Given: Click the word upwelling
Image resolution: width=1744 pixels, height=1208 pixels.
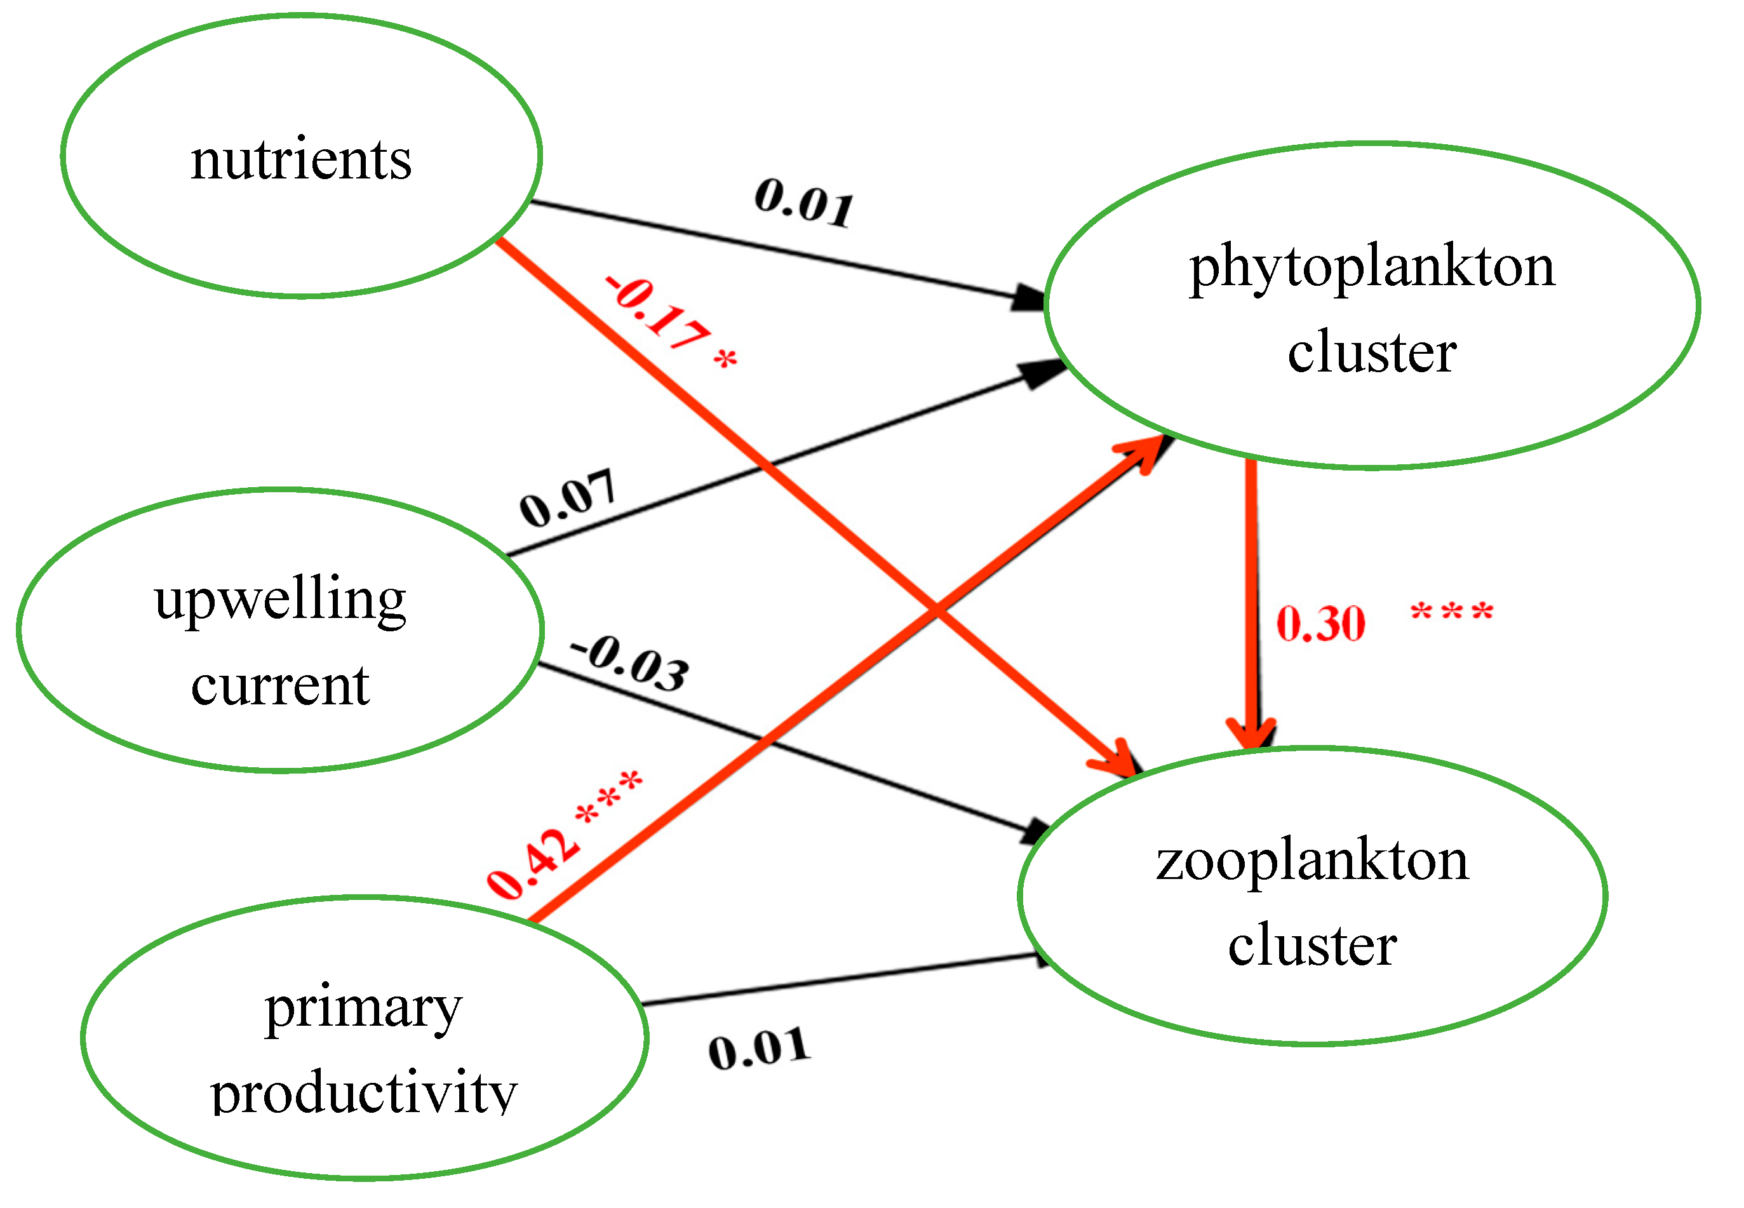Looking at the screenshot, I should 280,600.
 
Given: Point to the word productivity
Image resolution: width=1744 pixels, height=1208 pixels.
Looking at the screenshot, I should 363,1094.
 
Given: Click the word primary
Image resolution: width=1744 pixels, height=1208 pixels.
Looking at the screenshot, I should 363,1009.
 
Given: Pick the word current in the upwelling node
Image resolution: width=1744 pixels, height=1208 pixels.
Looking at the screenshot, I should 280,686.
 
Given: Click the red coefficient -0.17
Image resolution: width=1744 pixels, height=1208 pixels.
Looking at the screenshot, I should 657,312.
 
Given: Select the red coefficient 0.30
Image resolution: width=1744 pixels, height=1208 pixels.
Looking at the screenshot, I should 1321,624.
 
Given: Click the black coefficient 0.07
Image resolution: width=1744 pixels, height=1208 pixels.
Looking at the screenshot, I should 568,498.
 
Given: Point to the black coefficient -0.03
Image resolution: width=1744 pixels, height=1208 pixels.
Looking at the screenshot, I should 631,664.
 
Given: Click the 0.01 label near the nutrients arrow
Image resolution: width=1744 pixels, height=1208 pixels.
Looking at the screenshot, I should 804,201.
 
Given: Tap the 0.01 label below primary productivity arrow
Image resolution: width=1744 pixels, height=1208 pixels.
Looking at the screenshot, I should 759,1049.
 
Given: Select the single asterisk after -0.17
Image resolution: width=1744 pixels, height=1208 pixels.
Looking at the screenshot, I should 725,358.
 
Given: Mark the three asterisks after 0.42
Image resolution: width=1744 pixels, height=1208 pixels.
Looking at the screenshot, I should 609,798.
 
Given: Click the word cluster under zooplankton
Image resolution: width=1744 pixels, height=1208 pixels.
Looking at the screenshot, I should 1311,946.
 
